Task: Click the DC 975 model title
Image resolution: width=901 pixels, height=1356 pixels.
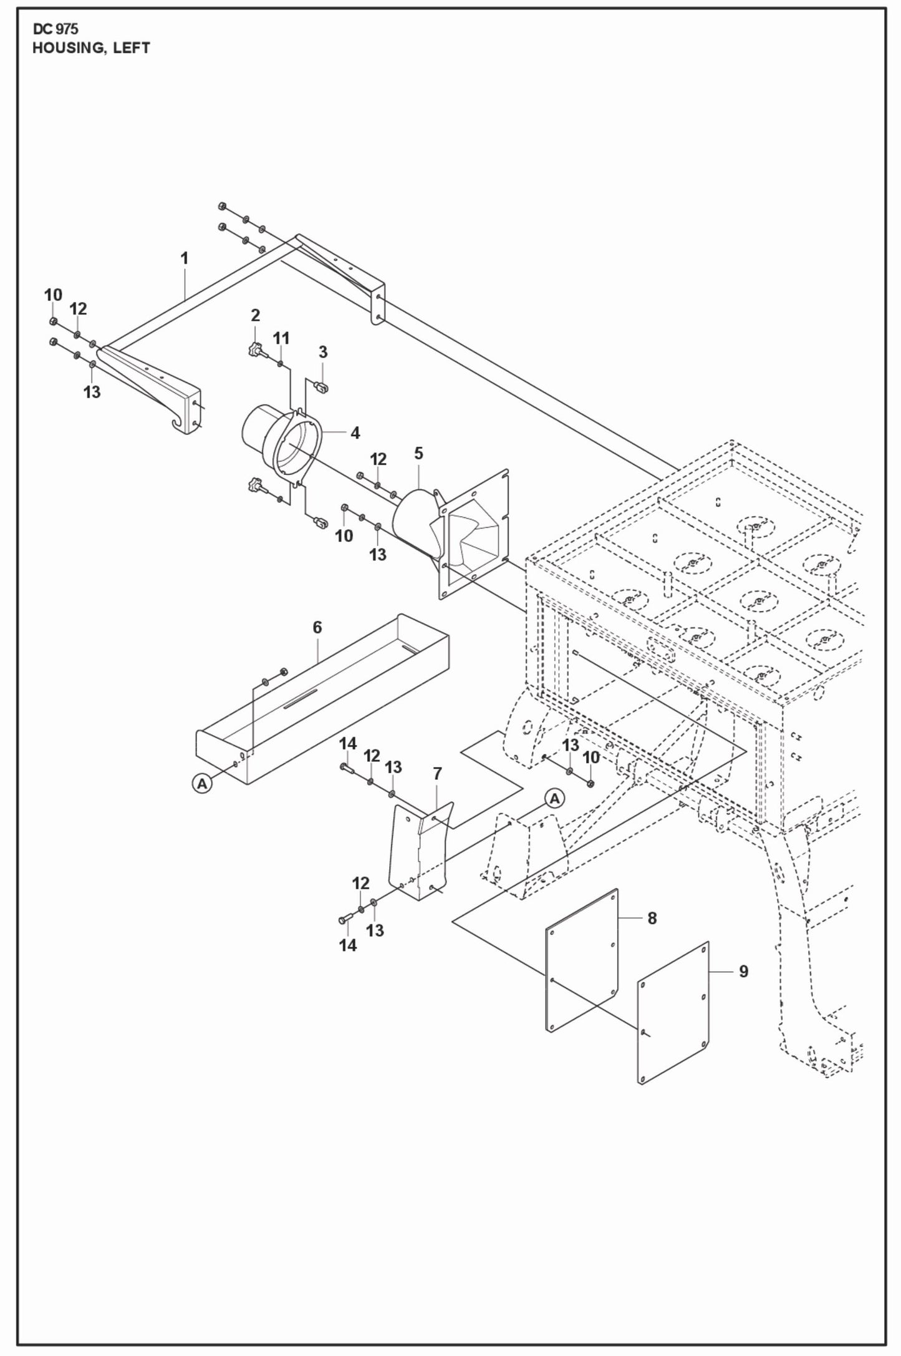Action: click(x=55, y=29)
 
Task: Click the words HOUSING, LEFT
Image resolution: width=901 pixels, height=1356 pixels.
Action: click(x=91, y=49)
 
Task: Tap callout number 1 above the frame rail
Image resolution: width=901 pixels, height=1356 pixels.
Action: click(x=184, y=258)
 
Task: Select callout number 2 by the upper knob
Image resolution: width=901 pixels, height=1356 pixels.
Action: click(x=255, y=316)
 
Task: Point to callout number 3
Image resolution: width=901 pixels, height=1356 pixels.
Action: click(x=323, y=352)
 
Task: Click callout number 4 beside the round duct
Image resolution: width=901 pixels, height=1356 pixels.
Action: click(x=355, y=432)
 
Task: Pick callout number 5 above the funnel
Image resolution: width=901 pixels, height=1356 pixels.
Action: click(x=418, y=454)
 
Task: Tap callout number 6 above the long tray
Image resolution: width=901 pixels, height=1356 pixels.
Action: click(x=317, y=627)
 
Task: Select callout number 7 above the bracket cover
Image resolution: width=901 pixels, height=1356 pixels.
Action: click(x=437, y=774)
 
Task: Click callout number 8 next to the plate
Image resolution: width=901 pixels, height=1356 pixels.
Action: click(x=652, y=918)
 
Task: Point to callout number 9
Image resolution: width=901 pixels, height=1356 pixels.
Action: click(x=743, y=971)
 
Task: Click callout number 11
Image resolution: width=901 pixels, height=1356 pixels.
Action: click(x=281, y=338)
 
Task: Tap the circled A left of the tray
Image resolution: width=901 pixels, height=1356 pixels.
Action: click(x=201, y=784)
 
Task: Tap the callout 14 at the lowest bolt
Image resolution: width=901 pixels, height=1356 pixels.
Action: click(x=348, y=945)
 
